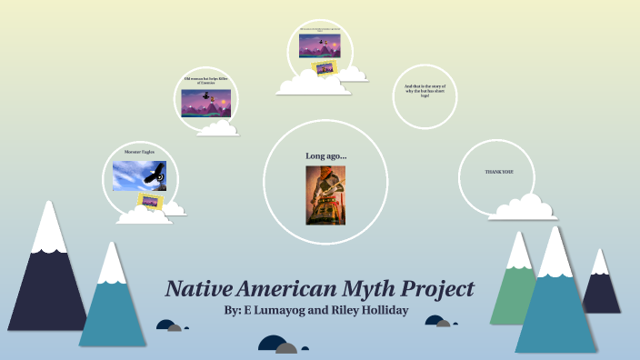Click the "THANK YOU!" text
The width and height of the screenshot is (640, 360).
[500, 173]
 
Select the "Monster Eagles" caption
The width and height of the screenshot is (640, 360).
[139, 152]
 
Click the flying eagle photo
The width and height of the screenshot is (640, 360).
[139, 176]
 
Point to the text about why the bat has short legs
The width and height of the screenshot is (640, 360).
[425, 91]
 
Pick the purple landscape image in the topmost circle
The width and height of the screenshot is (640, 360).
[325, 43]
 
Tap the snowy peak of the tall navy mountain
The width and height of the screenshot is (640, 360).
[48, 227]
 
